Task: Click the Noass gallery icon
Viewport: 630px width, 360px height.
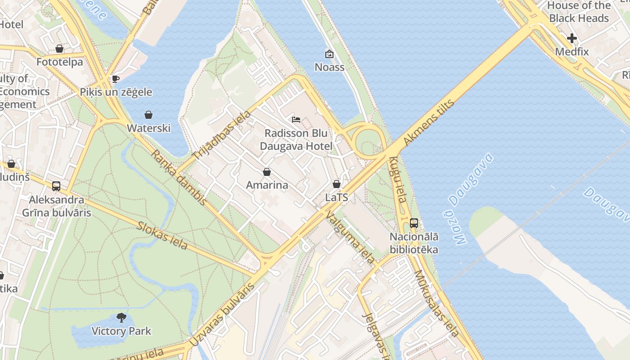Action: [x=329, y=54]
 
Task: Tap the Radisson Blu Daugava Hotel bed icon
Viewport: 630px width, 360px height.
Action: [x=296, y=120]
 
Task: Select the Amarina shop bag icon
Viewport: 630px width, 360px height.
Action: [x=267, y=172]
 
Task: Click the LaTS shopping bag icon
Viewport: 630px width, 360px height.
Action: [x=337, y=184]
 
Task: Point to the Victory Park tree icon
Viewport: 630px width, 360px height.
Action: [x=121, y=318]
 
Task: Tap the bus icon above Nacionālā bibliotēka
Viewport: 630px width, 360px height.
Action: [x=414, y=223]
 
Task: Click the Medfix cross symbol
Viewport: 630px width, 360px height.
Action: [x=572, y=39]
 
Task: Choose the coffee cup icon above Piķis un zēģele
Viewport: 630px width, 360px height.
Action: [x=116, y=79]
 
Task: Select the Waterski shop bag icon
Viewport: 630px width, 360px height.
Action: [x=148, y=115]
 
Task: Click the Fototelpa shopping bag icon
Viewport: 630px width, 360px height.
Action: [x=59, y=49]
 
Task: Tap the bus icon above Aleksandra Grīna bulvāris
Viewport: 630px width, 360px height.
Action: [x=56, y=186]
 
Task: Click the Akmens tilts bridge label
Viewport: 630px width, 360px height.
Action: [x=429, y=122]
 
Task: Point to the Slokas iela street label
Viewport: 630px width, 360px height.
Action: [x=162, y=235]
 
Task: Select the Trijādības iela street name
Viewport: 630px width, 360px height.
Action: [x=222, y=135]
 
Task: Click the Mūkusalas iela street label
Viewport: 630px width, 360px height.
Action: [x=436, y=303]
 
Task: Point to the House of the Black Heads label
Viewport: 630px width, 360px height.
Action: [x=579, y=12]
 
